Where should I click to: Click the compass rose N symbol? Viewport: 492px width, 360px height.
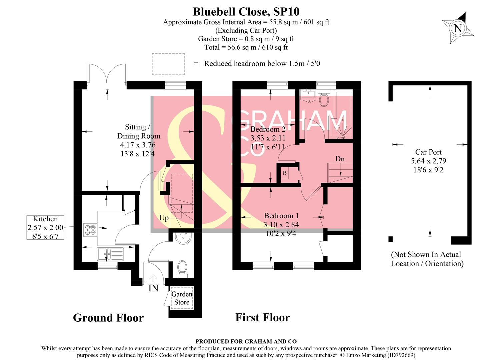(x=458, y=28)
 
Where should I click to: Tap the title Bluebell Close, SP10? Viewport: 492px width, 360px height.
(x=246, y=12)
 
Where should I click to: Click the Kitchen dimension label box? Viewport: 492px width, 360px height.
(x=45, y=227)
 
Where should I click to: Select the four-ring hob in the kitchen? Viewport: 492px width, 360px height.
(x=90, y=230)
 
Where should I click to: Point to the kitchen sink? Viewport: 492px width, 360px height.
(x=110, y=254)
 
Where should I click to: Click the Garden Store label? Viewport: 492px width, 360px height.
(x=182, y=298)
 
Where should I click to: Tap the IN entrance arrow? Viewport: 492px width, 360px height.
(x=153, y=279)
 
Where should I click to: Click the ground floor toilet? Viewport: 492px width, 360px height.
(x=182, y=268)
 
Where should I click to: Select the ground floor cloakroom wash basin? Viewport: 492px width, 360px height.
(x=183, y=238)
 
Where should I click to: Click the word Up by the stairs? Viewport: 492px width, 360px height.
(x=164, y=218)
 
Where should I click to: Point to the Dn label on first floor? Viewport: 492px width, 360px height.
(x=340, y=159)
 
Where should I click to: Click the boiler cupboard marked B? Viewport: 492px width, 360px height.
(x=285, y=173)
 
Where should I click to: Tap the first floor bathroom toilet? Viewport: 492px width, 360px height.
(x=323, y=99)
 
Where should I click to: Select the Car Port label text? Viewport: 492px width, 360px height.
(x=428, y=152)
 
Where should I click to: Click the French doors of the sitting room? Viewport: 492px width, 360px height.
(x=107, y=74)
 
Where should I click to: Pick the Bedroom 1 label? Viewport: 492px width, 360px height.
(x=281, y=216)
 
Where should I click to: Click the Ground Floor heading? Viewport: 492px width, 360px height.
(x=108, y=318)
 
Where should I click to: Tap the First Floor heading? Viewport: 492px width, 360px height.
(x=262, y=317)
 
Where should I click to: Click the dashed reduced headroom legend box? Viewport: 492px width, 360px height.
(x=168, y=64)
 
